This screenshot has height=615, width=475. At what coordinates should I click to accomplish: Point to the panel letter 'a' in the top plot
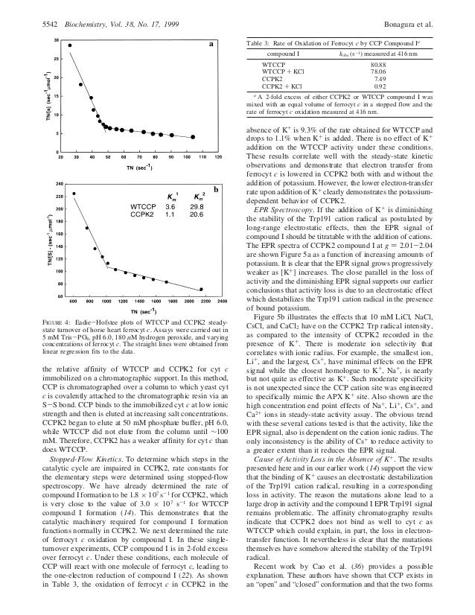pyautogui.click(x=211, y=45)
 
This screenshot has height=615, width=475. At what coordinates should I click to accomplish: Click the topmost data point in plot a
pyautogui.click(x=70, y=45)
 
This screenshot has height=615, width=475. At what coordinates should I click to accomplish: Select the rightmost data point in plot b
pyautogui.click(x=200, y=289)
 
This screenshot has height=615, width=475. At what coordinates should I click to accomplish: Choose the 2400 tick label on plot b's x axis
pyautogui.click(x=222, y=302)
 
